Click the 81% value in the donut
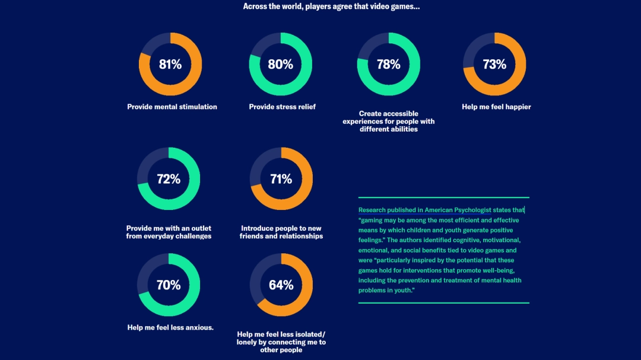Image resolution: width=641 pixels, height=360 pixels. point(170,64)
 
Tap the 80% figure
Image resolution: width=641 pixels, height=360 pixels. point(280,64)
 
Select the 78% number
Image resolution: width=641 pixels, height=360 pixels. point(389,64)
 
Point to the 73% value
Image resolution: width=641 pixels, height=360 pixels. point(494,64)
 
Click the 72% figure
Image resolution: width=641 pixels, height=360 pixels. point(169,179)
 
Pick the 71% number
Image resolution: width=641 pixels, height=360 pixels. point(281,179)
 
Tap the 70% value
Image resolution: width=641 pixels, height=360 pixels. point(169,285)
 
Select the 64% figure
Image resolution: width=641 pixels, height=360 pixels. point(281,285)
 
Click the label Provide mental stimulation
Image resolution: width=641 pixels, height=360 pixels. point(172,107)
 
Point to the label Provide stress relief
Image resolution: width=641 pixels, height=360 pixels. point(282,107)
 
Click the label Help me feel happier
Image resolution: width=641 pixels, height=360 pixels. point(496,107)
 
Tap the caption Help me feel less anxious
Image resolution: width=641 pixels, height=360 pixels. point(170,327)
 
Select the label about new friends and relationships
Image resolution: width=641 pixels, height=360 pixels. point(281,232)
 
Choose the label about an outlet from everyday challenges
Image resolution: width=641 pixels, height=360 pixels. point(169,232)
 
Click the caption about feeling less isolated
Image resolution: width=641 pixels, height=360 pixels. point(281,342)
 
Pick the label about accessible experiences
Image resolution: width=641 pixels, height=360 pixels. point(389,121)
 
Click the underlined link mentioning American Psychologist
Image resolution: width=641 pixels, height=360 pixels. point(441,210)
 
